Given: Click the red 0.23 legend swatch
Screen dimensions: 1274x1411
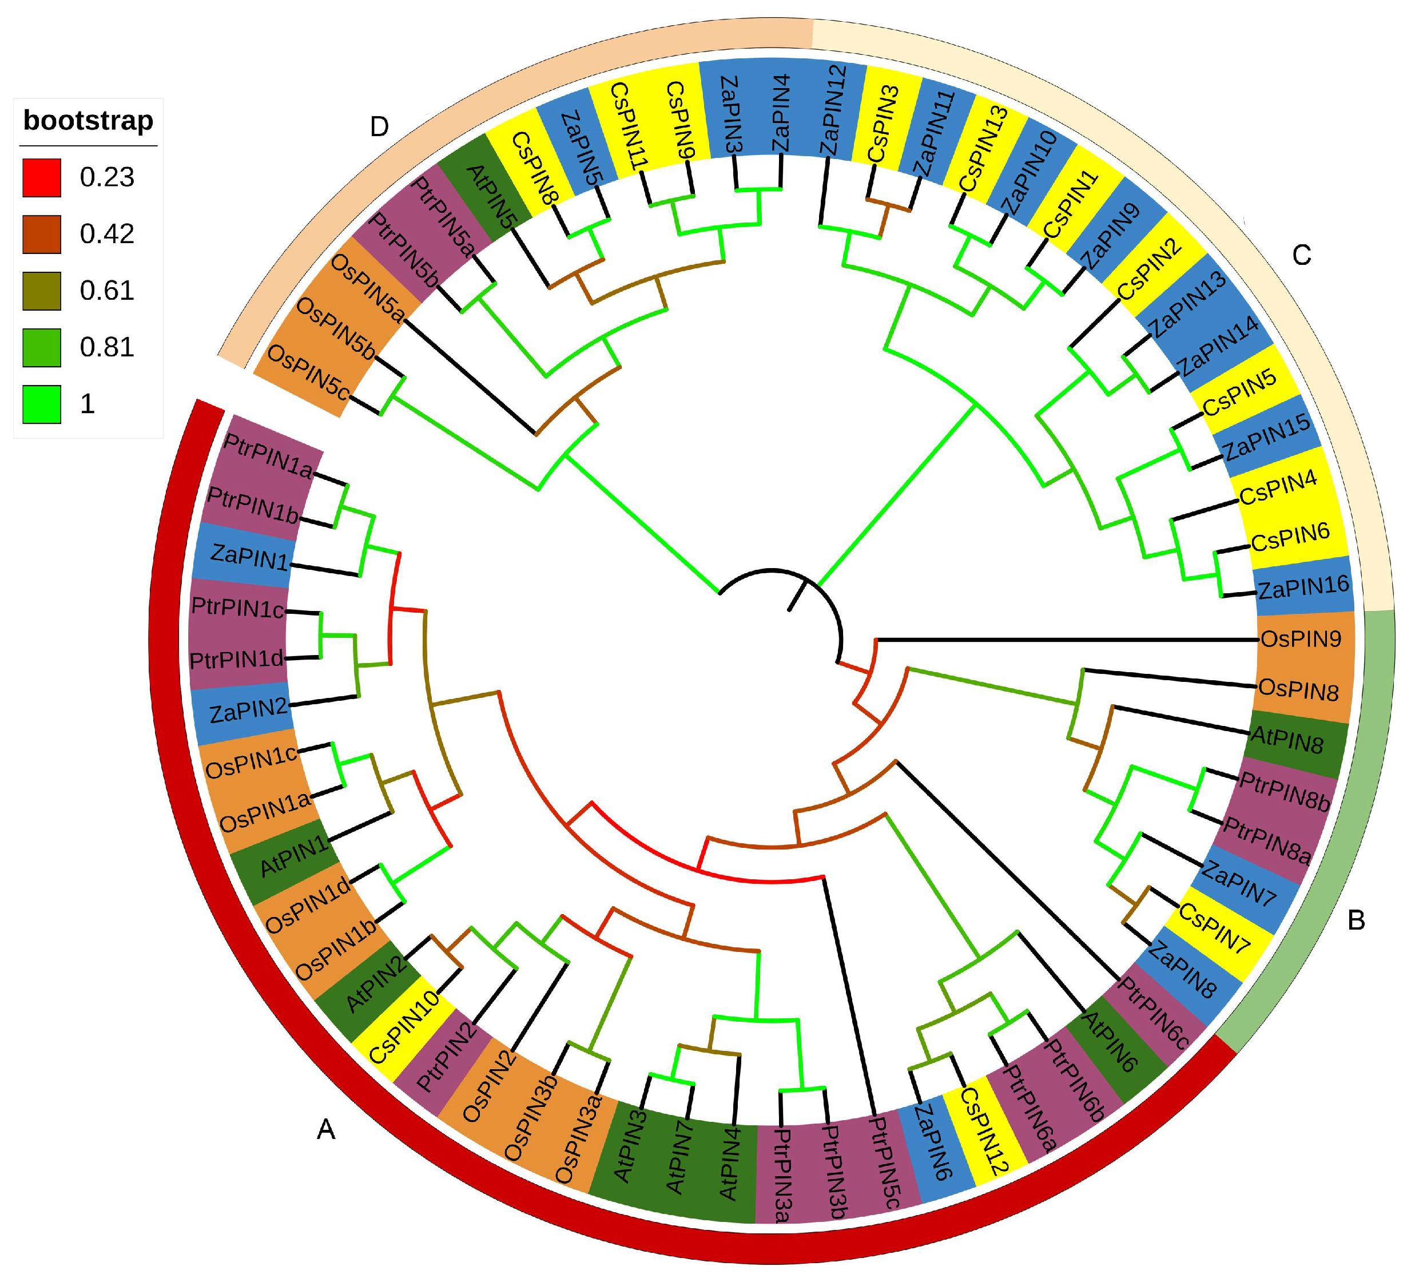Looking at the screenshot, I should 41,178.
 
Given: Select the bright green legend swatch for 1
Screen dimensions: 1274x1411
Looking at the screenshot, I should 41,404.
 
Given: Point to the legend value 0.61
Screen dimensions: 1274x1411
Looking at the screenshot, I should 106,291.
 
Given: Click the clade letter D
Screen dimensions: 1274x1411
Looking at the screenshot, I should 379,126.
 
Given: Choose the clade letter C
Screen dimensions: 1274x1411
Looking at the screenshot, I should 1301,256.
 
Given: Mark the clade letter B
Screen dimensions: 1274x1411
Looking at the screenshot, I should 1356,920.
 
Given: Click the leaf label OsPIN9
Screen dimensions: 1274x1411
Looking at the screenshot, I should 1301,639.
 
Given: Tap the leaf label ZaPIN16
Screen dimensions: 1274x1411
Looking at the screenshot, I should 1303,586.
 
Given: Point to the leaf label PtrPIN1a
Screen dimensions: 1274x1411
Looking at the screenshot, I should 268,457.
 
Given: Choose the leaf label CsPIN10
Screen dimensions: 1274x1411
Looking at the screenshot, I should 404,1027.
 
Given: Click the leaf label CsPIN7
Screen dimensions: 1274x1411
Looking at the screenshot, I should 1214,928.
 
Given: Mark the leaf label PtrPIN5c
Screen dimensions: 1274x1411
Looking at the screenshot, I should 883,1162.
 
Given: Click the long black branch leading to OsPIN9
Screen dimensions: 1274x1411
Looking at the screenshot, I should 1064,640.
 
